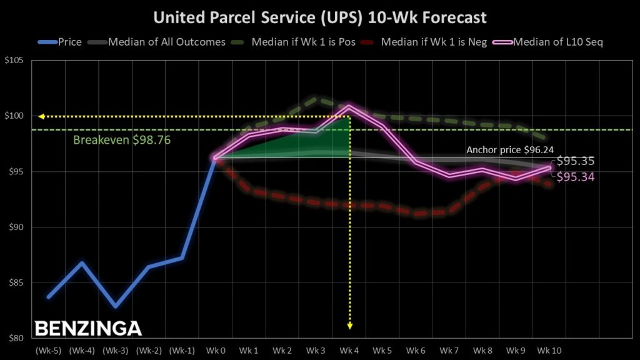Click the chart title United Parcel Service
point(319,16)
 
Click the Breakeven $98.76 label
point(122,139)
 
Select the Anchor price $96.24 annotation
point(510,151)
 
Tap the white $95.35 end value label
point(576,161)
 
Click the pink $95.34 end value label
point(576,177)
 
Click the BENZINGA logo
point(88,329)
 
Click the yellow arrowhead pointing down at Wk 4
point(349,325)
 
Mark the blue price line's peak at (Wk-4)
point(82,262)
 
